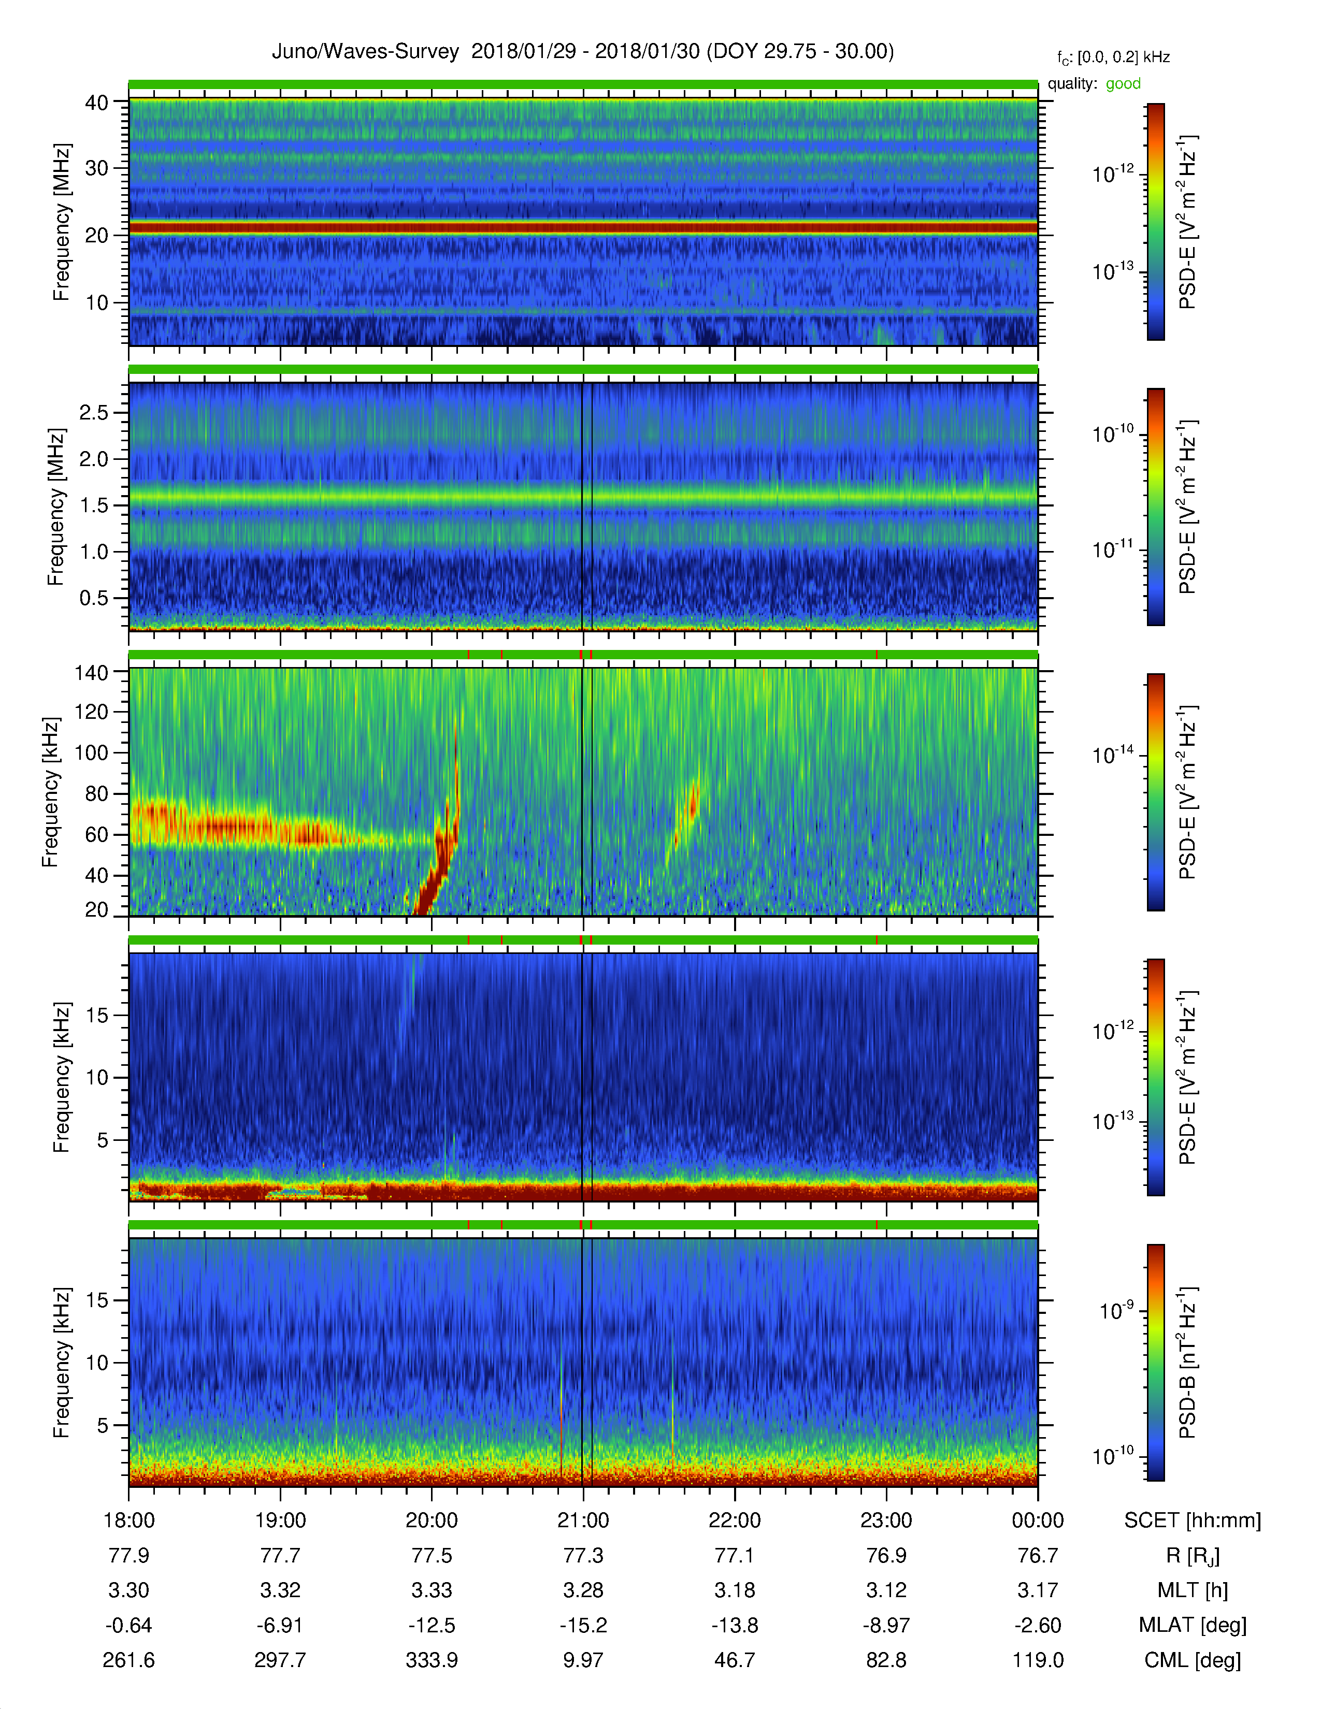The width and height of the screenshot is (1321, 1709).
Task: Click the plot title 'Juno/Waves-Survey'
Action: [365, 52]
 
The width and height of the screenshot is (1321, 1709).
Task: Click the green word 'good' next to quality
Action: [1123, 84]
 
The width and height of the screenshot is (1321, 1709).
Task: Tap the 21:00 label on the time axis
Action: [583, 1520]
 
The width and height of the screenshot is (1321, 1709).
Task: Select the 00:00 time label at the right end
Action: [1038, 1520]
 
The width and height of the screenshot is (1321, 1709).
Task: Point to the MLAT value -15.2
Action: [583, 1625]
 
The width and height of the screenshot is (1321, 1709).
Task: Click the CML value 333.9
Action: [432, 1660]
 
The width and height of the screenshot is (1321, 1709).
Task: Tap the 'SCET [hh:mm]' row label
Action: [1193, 1520]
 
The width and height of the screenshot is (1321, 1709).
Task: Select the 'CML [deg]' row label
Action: [1193, 1660]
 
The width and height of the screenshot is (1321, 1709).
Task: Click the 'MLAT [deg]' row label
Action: [1193, 1625]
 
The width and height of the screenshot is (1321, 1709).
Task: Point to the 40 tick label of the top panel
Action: [96, 103]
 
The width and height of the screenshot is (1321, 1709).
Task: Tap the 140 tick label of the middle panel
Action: [91, 672]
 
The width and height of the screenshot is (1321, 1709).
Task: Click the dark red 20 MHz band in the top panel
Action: [583, 228]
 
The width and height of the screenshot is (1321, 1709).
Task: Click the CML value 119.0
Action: [1038, 1660]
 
